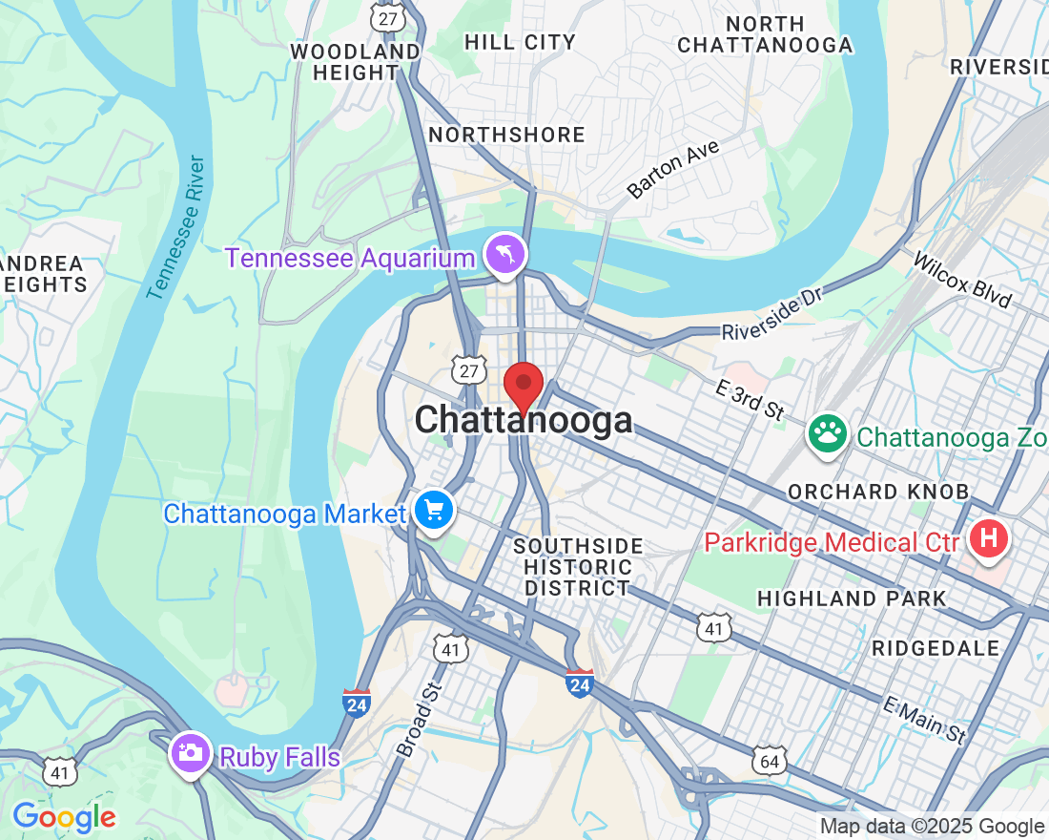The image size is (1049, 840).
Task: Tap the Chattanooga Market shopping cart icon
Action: coord(435,511)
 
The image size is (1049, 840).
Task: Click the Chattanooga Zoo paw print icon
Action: coord(828,433)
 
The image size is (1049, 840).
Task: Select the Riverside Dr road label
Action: coord(771,314)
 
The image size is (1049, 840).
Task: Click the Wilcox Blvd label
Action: coord(961,280)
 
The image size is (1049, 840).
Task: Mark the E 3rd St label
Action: coord(750,398)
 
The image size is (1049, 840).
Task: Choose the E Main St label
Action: coord(924,721)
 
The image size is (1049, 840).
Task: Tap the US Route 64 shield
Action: coord(769,760)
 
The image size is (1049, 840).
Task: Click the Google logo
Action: coord(64,817)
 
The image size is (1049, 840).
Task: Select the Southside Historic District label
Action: coord(578,567)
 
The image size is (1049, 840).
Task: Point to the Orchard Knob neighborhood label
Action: coord(877,492)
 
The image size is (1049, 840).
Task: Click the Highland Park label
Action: coord(852,598)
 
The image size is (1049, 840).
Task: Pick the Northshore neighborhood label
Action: coord(506,135)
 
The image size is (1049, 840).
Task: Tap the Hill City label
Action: coord(520,42)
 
